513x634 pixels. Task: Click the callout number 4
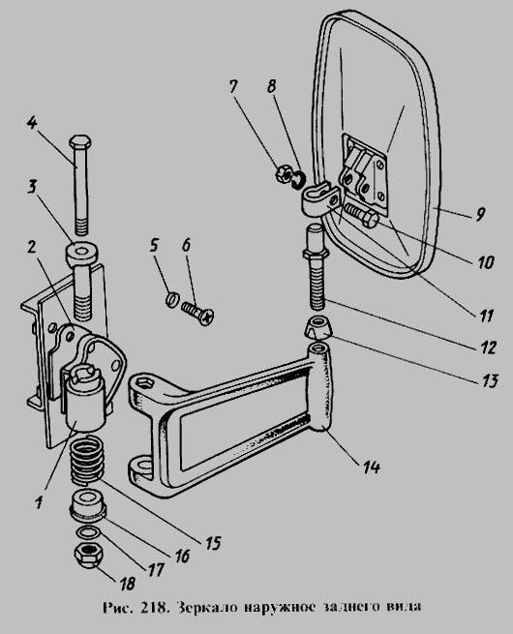(x=32, y=123)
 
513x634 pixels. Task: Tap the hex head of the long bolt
(x=80, y=142)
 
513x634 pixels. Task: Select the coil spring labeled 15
(x=87, y=462)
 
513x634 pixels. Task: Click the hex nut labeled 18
(x=89, y=556)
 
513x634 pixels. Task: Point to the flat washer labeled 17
(x=88, y=533)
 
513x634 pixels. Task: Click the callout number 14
(x=371, y=468)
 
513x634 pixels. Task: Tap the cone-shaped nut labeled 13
(x=318, y=328)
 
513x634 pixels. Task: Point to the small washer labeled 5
(x=171, y=300)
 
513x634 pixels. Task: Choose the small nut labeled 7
(x=284, y=174)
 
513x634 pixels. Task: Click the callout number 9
(x=479, y=214)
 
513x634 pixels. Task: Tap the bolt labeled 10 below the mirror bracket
(x=361, y=216)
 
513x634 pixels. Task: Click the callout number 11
(x=485, y=315)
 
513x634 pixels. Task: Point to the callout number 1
(x=39, y=502)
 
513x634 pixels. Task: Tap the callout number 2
(x=32, y=247)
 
